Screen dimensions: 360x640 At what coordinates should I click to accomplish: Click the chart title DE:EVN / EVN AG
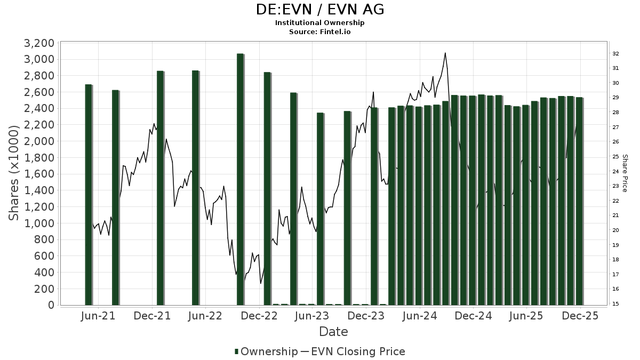[x=319, y=10]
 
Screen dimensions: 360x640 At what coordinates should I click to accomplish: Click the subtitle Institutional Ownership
[x=319, y=23]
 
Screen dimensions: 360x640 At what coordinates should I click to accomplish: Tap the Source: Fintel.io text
[x=319, y=31]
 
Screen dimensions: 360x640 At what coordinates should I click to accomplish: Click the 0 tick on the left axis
[x=51, y=305]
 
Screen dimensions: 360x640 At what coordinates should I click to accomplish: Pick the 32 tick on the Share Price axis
[x=615, y=53]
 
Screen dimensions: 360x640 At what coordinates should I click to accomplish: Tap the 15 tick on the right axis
[x=615, y=303]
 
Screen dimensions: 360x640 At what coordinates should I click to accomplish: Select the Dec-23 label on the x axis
[x=366, y=316]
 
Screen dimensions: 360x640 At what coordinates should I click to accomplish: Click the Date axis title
[x=333, y=332]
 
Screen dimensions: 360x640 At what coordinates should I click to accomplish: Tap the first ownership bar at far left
[x=89, y=195]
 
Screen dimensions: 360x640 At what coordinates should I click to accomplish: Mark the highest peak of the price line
[x=445, y=53]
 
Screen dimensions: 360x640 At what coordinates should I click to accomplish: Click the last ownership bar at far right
[x=579, y=201]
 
